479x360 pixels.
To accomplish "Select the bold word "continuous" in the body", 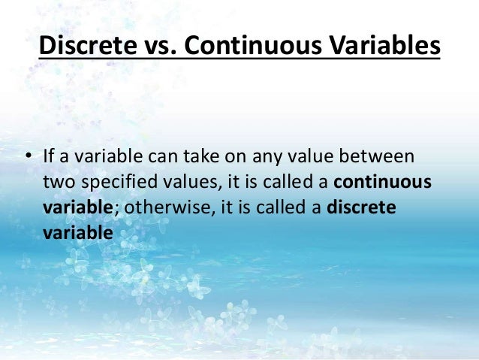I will tap(381, 182).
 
